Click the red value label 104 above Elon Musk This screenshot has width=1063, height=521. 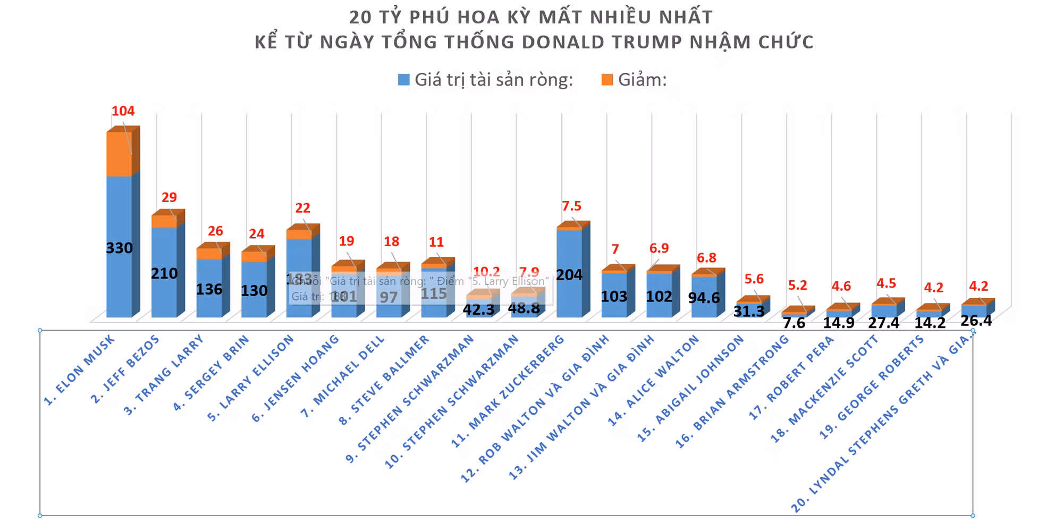(123, 111)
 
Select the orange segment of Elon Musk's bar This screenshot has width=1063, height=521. (119, 154)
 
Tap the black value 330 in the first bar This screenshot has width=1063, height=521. (119, 248)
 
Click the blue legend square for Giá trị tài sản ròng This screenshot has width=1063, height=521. (404, 80)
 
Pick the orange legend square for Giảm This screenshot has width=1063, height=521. (607, 80)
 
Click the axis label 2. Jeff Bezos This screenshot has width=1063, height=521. (125, 369)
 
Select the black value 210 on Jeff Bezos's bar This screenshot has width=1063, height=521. (164, 274)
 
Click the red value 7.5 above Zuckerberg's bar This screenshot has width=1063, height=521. (571, 206)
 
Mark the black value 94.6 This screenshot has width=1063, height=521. (704, 298)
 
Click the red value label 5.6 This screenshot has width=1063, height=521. (754, 279)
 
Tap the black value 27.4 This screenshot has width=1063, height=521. (883, 323)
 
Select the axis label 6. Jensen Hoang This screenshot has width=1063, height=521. (295, 379)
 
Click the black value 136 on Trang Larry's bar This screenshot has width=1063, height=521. (209, 290)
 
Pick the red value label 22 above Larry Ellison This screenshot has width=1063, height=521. (302, 208)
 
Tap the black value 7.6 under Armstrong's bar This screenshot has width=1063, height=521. (794, 323)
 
